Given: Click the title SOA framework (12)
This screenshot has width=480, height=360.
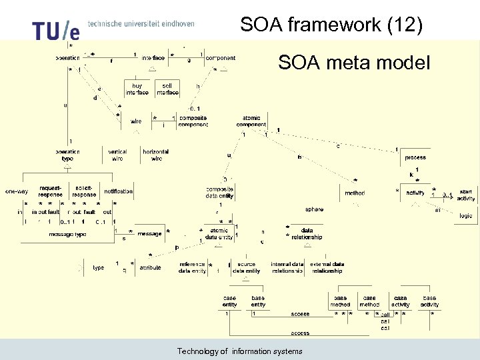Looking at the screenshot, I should click(x=331, y=25).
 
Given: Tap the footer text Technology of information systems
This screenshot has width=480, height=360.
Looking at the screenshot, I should click(x=239, y=351).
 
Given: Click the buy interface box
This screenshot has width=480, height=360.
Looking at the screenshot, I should click(x=137, y=89).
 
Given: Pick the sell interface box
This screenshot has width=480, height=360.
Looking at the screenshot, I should click(x=167, y=89).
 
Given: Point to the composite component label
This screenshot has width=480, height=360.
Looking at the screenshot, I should click(x=193, y=121).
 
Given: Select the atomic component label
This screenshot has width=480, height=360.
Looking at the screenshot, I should click(x=251, y=121).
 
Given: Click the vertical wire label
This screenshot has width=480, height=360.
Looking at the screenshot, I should click(x=117, y=155).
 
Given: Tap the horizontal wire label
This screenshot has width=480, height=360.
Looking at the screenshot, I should click(x=156, y=155).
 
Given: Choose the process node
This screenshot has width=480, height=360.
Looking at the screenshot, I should click(x=415, y=158).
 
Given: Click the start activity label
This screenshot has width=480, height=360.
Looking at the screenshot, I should click(x=466, y=195).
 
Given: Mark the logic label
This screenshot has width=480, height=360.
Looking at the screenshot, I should click(x=465, y=215).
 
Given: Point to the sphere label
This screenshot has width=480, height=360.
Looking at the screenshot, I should click(x=314, y=209).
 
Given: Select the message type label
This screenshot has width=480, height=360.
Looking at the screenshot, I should click(x=67, y=234).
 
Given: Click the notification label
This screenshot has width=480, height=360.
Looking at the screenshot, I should click(x=119, y=191).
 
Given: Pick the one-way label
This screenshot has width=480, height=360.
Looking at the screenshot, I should click(x=17, y=191).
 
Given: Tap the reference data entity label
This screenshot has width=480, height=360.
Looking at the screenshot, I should click(x=193, y=267).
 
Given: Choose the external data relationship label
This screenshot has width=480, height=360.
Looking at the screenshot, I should click(x=327, y=267).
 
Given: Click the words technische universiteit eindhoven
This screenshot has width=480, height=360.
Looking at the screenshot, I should click(x=141, y=23).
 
